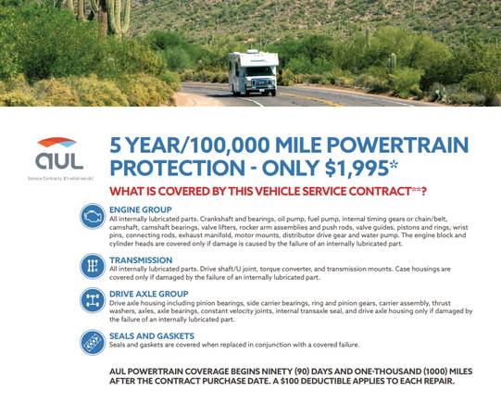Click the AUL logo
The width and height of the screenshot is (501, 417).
tap(59, 154)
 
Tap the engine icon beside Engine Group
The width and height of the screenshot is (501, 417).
tap(93, 216)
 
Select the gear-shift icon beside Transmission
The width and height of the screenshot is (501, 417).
tap(93, 266)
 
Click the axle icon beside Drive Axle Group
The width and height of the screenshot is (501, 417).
tap(93, 300)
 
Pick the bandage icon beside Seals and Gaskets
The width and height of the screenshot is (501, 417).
tap(93, 343)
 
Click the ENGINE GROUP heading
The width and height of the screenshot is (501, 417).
tap(140, 209)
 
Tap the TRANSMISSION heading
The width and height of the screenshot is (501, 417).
tap(141, 260)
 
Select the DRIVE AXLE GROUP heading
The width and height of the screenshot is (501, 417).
tap(148, 294)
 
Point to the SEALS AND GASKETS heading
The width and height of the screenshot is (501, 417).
tap(152, 336)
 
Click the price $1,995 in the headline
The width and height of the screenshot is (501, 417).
tap(357, 168)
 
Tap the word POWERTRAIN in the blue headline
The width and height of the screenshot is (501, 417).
tap(397, 145)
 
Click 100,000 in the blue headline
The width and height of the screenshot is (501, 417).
tap(230, 145)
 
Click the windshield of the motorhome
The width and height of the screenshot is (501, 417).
tap(258, 71)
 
